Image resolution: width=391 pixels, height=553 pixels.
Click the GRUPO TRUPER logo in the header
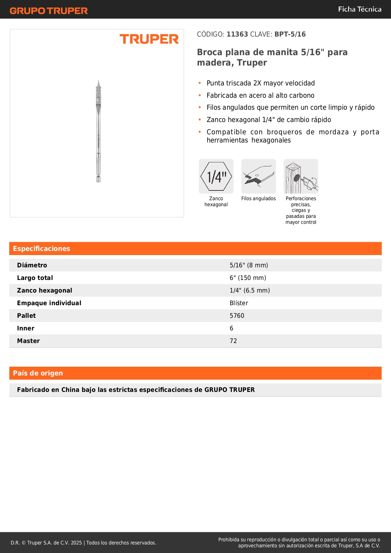coord(49,11)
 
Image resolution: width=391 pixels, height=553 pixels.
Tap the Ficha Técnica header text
coord(359,9)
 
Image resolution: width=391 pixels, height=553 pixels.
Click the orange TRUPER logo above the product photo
coord(149,39)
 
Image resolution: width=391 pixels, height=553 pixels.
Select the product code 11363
coord(237,34)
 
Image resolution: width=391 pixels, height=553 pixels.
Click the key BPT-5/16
coord(290,34)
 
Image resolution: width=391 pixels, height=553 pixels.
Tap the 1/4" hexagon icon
coord(216,176)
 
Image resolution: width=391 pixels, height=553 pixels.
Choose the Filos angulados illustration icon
coord(258,176)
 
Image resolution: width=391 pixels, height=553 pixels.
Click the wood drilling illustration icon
coord(301,176)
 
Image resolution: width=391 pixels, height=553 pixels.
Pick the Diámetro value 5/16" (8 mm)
coord(249,265)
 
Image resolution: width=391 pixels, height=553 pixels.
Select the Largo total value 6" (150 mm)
coord(248,278)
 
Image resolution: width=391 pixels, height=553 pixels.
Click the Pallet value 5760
coord(237,316)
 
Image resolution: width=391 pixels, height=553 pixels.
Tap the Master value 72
coord(233,341)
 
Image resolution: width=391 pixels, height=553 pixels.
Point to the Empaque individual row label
coord(49,303)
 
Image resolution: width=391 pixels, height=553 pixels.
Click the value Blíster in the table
coord(239,303)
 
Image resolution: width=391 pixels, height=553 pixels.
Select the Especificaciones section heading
coord(42,248)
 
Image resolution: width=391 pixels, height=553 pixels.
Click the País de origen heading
coord(38,373)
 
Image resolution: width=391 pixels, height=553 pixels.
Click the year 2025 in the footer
coord(76,543)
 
